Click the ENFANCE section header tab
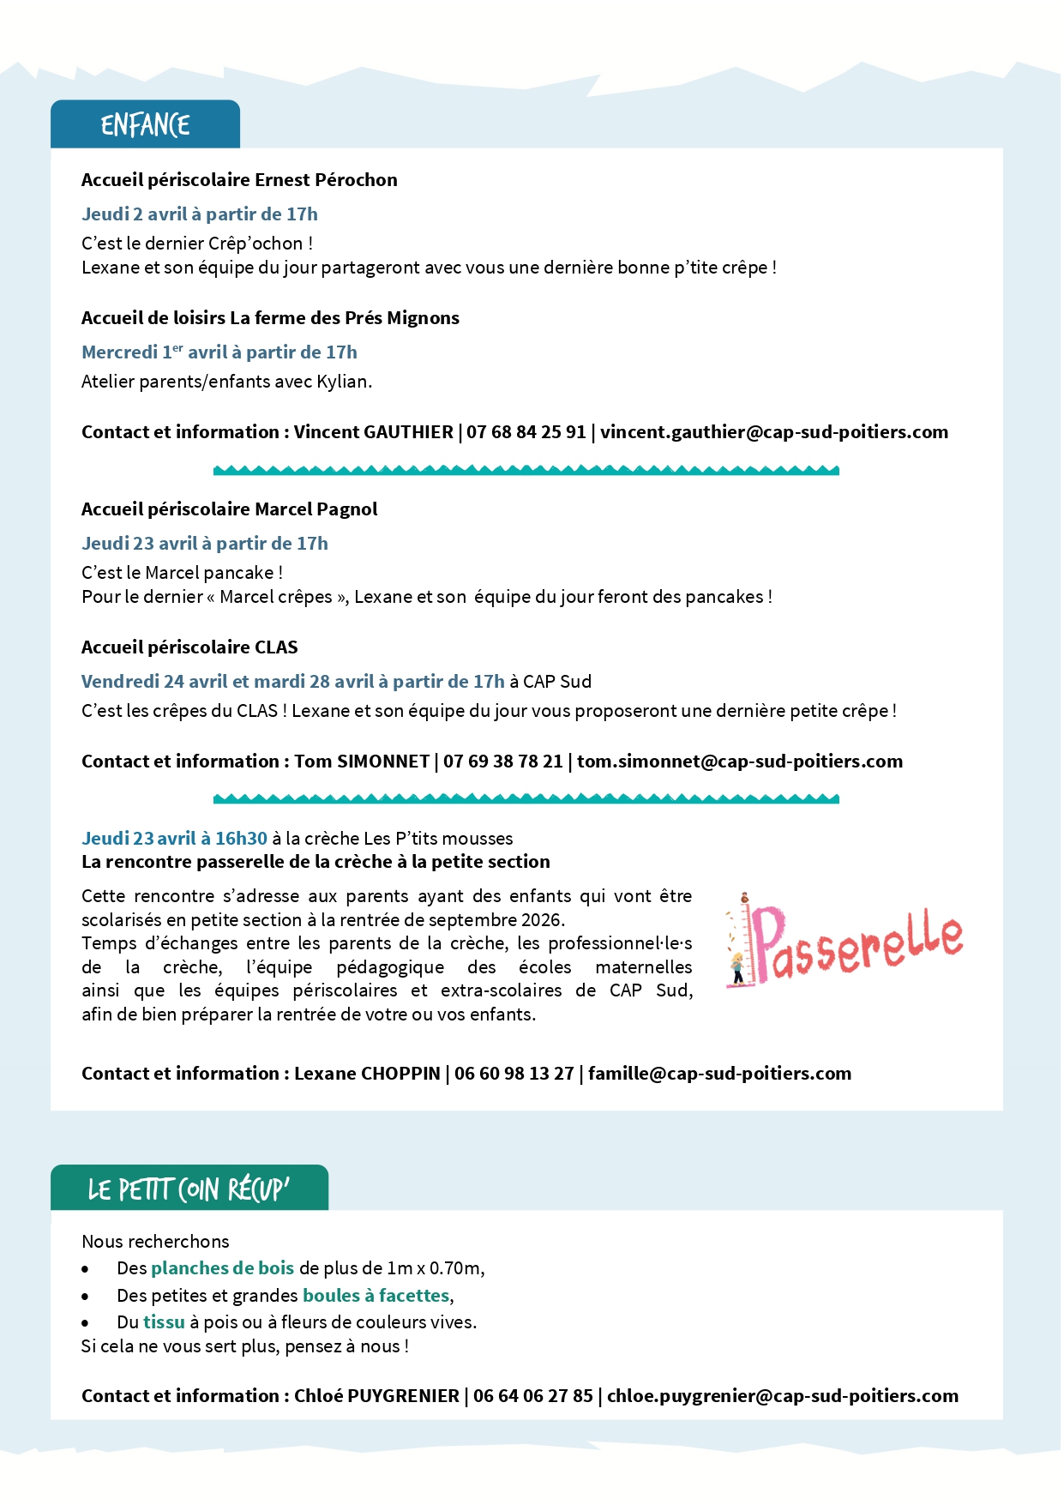pyautogui.click(x=145, y=125)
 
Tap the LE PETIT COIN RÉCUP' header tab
pyautogui.click(x=189, y=1189)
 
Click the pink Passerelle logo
pyautogui.click(x=845, y=941)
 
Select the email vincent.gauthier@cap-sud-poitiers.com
pyautogui.click(x=773, y=432)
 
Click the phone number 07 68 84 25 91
pyautogui.click(x=526, y=432)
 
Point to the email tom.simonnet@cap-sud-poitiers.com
pyautogui.click(x=739, y=762)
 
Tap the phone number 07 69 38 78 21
pyautogui.click(x=502, y=762)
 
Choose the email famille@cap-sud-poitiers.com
pyautogui.click(x=719, y=1074)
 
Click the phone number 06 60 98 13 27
pyautogui.click(x=514, y=1074)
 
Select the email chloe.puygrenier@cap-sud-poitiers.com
pyautogui.click(x=782, y=1396)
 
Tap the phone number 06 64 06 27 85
pyautogui.click(x=532, y=1396)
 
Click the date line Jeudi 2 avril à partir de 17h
pyautogui.click(x=199, y=214)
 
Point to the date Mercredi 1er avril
pyautogui.click(x=154, y=352)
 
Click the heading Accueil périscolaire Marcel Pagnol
pyautogui.click(x=229, y=509)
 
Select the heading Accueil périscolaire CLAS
pyautogui.click(x=189, y=647)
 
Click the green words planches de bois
pyautogui.click(x=222, y=1268)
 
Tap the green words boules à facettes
pyautogui.click(x=376, y=1296)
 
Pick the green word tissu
pyautogui.click(x=164, y=1322)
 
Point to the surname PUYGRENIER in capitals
pyautogui.click(x=403, y=1396)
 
